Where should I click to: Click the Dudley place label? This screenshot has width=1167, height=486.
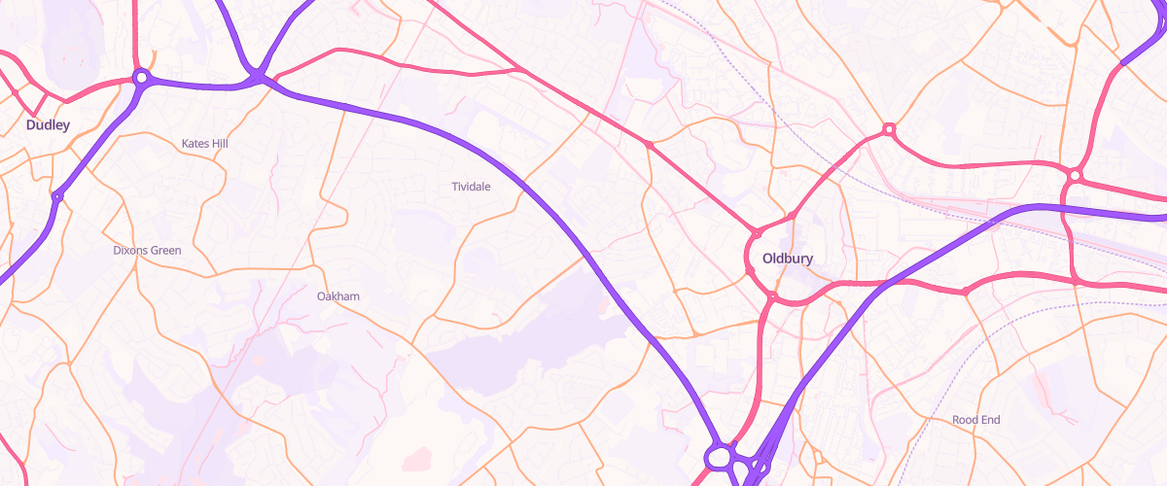point(48,124)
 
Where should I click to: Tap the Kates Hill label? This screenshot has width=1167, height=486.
point(204,144)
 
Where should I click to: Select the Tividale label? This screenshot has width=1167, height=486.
point(472,187)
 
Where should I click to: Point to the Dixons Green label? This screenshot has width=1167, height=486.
point(147,250)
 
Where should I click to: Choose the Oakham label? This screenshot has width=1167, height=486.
point(338,295)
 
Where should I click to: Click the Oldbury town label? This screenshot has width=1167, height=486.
point(787,259)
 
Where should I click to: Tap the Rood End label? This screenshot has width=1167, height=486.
point(975,420)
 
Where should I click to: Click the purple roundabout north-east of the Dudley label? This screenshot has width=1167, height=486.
point(141,77)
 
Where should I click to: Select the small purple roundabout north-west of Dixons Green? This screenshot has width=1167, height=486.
point(57,197)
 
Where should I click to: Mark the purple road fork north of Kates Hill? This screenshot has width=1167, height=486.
point(258,76)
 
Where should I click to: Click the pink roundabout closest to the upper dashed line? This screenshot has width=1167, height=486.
point(888,129)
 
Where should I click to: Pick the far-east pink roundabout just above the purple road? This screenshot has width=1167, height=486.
point(1074,175)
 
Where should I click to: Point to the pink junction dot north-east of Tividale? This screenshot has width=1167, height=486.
point(649,145)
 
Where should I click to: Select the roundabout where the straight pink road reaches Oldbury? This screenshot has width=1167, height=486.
point(756,233)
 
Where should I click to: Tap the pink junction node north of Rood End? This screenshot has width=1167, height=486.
point(965,291)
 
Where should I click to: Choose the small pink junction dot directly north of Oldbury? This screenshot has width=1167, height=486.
point(793,214)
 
